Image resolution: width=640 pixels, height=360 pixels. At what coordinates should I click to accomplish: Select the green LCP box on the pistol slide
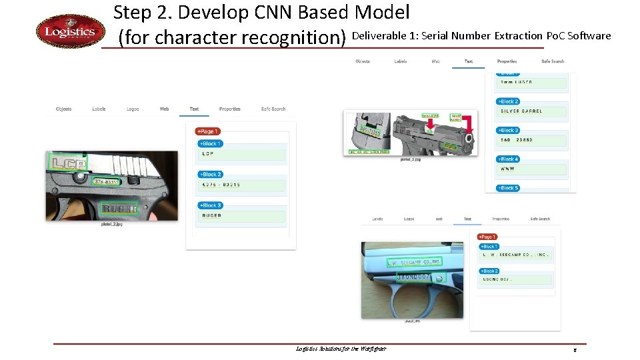[x=67, y=162]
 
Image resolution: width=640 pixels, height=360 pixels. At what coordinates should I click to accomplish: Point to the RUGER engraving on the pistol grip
[x=119, y=209]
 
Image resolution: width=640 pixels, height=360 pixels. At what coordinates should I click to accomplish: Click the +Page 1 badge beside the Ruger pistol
[x=207, y=131]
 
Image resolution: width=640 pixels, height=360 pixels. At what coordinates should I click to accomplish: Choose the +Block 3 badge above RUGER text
[x=210, y=205]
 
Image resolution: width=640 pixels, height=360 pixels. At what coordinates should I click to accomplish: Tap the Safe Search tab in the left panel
[x=273, y=109]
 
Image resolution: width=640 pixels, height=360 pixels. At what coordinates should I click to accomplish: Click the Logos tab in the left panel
[x=133, y=109]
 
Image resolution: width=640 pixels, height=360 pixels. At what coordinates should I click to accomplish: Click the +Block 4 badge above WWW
[x=508, y=159]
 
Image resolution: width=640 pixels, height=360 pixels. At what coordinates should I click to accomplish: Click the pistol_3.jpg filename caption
[x=410, y=159]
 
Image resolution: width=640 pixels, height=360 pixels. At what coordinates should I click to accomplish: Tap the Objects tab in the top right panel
[x=363, y=61]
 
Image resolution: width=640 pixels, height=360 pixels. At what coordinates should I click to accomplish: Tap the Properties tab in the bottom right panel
[x=501, y=219]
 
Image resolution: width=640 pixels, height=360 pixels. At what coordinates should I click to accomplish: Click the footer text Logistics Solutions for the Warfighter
[x=341, y=349]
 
